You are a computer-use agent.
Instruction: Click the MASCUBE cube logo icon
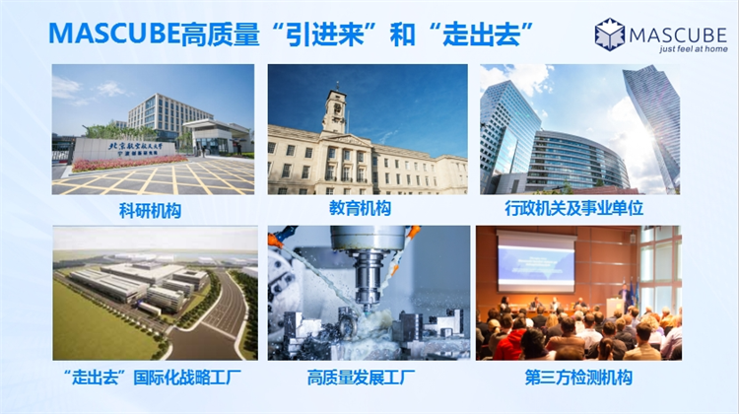pos(609,34)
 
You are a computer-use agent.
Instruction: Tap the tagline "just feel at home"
pos(693,49)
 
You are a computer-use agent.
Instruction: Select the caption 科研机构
pos(150,211)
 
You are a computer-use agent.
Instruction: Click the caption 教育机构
pos(360,208)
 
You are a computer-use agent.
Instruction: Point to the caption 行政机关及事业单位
pos(574,208)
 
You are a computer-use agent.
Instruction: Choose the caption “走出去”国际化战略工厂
pos(152,378)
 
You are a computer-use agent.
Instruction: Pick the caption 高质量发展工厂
pos(361,378)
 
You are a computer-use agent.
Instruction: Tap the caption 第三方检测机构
pos(578,378)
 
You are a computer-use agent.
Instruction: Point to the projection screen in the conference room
pos(536,262)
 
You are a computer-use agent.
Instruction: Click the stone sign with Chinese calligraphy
pos(125,149)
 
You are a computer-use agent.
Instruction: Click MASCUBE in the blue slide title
pos(114,34)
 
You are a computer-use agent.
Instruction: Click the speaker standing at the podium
pos(625,295)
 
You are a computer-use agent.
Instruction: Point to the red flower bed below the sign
pos(127,164)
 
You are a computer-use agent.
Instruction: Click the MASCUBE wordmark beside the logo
pos(678,34)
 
